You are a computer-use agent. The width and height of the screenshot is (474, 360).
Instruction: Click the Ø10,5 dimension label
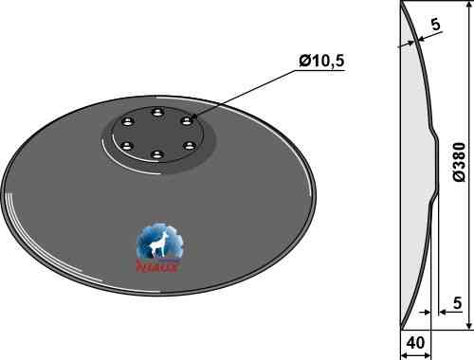point(321,61)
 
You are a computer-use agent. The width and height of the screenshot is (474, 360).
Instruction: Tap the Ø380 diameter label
point(459,162)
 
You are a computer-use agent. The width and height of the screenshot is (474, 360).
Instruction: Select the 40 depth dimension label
point(415,343)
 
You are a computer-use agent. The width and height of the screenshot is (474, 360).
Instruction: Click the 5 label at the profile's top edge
point(435,25)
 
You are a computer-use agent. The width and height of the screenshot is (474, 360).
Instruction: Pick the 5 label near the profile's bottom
point(457,303)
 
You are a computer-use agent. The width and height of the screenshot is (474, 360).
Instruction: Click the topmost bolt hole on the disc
point(157,113)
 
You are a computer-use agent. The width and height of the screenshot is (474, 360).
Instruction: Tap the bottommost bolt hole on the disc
point(157,154)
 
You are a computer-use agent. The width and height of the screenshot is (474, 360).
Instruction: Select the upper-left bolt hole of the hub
point(127,121)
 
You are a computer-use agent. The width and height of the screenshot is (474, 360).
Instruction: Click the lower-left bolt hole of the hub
point(127,146)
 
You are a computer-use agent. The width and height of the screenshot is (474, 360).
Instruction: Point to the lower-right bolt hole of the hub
point(189,146)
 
